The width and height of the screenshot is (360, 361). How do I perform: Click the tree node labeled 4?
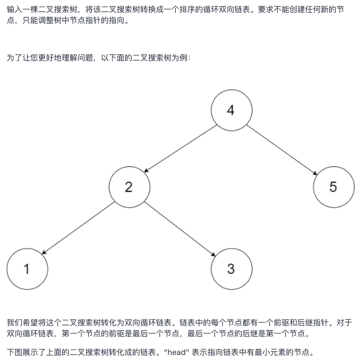[231, 110]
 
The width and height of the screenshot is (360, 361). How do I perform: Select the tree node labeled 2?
[129, 187]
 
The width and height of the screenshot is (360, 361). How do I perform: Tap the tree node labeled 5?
[334, 187]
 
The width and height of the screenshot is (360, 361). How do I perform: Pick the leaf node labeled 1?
[27, 268]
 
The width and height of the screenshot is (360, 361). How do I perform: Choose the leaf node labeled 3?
[231, 268]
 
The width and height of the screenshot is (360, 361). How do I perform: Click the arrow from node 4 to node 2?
[181, 149]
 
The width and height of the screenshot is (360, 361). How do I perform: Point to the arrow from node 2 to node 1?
[78, 228]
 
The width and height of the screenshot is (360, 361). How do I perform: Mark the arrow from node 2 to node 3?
[180, 229]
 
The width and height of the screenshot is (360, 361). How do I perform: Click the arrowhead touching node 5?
[315, 173]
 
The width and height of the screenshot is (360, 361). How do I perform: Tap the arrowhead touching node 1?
[44, 252]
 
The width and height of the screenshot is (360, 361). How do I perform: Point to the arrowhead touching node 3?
[213, 254]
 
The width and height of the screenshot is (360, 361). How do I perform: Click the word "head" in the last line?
[176, 353]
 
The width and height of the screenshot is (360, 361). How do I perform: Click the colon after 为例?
[189, 58]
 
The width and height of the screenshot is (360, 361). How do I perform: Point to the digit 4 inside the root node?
[231, 110]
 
